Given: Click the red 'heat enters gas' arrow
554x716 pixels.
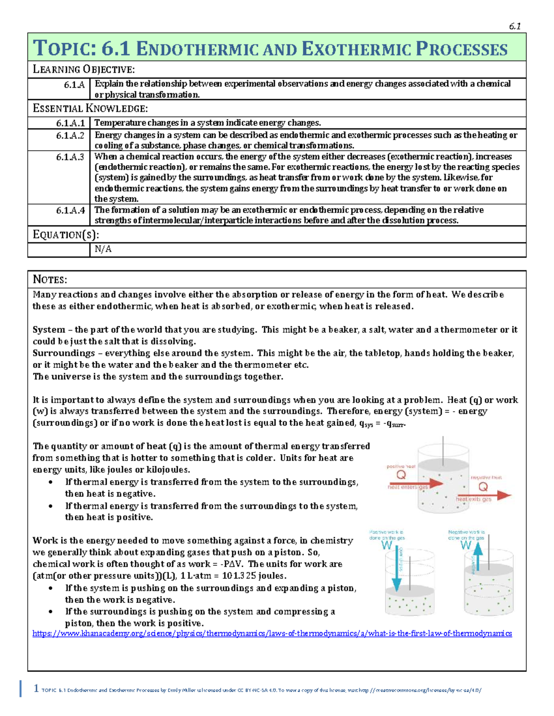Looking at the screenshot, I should [415, 484].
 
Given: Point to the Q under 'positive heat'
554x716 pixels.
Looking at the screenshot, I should [401, 475].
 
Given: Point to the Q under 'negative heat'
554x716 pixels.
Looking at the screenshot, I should [483, 487].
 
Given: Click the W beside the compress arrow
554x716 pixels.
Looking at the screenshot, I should [386, 546].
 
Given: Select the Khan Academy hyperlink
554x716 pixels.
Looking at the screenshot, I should [272, 633].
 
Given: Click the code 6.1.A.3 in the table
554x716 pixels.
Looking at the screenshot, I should [70, 157].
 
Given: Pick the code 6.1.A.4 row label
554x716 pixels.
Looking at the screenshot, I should [70, 210].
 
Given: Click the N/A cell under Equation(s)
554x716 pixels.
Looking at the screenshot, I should [103, 249].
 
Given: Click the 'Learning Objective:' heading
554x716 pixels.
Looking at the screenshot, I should [84, 70].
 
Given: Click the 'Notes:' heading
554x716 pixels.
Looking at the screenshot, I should [50, 279].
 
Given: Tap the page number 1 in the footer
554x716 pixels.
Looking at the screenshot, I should [36, 689].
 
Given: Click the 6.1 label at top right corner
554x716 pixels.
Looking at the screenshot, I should [515, 26].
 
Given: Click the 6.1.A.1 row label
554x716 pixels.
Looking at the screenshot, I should [70, 123].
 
